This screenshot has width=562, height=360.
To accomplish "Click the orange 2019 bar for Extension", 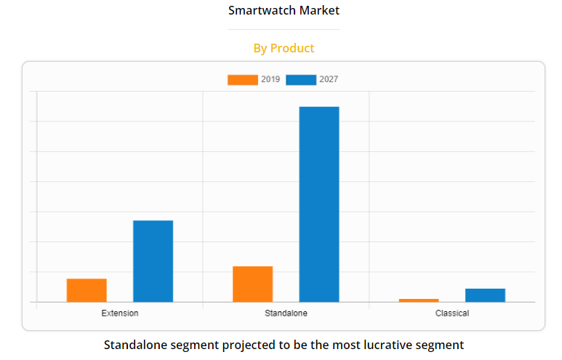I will [87, 290].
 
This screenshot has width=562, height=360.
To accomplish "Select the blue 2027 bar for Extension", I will [153, 261].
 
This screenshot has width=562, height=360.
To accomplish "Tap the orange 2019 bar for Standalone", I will [252, 284].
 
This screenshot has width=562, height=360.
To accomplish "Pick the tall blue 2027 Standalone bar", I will [319, 204].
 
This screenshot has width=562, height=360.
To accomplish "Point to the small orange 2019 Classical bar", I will [419, 300].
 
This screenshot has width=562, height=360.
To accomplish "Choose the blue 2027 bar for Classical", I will [485, 295].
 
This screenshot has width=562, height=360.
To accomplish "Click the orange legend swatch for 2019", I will [242, 80].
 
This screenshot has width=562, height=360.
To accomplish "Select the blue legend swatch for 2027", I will [301, 80].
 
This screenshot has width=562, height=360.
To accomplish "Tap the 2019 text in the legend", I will [270, 80].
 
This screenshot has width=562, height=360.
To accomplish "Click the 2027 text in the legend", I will [329, 80].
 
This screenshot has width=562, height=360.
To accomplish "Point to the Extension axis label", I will [120, 313].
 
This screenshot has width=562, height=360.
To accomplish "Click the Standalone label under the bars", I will [286, 313].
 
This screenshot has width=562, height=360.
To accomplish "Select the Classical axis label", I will [452, 313].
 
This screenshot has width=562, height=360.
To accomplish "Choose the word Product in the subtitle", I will [292, 48].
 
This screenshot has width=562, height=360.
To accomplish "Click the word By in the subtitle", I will [260, 48].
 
